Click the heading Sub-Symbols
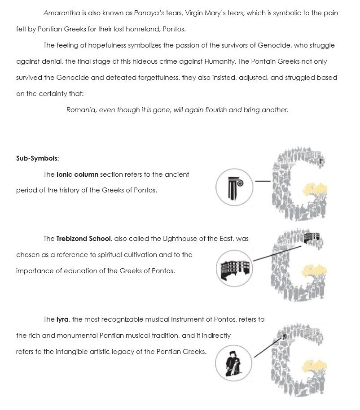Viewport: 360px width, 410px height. click(x=37, y=158)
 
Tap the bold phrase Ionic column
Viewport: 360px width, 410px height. click(x=77, y=174)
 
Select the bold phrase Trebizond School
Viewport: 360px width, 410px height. click(x=83, y=239)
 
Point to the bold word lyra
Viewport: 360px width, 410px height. click(x=62, y=319)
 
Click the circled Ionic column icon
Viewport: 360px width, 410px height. click(x=234, y=187)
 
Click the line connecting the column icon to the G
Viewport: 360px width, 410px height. click(x=263, y=182)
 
